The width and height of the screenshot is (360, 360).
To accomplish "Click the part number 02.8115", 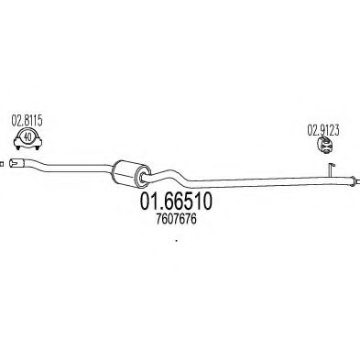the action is click(x=27, y=121).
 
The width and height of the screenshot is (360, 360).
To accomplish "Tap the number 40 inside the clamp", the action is click(x=27, y=137).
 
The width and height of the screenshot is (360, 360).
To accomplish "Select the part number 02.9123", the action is click(x=322, y=131).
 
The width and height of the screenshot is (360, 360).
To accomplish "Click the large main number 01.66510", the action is click(x=176, y=202).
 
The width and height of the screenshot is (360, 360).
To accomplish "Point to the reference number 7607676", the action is click(x=176, y=219).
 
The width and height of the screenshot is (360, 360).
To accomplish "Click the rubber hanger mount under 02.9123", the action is click(x=325, y=146).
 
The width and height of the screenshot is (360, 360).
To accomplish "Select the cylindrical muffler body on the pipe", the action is click(x=131, y=173).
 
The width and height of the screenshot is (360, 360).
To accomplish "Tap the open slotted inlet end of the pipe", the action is click(x=16, y=162).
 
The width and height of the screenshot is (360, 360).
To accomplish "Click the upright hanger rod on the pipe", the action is click(x=331, y=169).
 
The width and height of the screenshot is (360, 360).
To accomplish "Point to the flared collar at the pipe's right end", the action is click(x=353, y=180).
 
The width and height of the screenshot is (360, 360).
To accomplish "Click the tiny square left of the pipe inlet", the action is click(x=1, y=164).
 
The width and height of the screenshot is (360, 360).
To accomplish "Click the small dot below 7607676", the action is click(x=176, y=241).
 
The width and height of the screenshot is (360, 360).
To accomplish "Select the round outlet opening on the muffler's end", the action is click(x=142, y=177).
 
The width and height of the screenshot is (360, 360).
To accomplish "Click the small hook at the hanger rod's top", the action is click(x=333, y=165).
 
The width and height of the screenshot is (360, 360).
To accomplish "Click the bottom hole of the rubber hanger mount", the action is click(x=326, y=150).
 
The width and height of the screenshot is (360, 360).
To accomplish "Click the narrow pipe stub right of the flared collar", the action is click(x=358, y=182).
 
